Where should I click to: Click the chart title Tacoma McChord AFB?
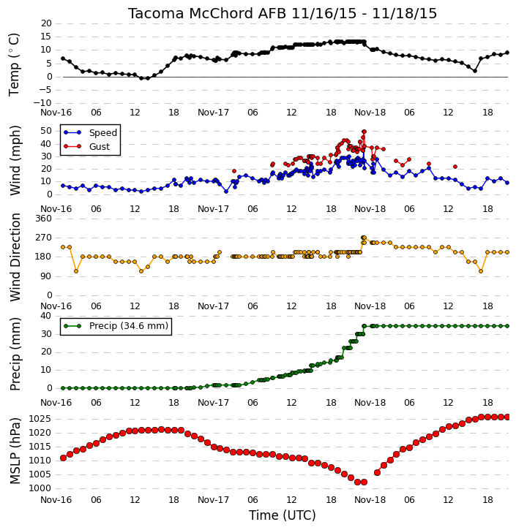click(207, 13)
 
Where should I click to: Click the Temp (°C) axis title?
click(14, 64)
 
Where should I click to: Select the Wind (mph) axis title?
click(15, 160)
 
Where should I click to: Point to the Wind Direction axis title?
click(15, 257)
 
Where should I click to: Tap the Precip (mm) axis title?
click(15, 354)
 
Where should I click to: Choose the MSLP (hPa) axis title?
click(15, 451)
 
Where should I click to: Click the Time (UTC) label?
click(283, 515)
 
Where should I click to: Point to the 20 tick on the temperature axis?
click(46, 23)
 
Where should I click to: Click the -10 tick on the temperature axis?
click(42, 103)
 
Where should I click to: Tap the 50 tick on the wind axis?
click(46, 131)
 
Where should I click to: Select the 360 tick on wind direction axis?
click(44, 219)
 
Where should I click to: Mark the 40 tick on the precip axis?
click(46, 316)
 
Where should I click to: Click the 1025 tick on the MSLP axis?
click(40, 419)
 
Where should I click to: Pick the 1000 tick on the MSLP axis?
click(40, 488)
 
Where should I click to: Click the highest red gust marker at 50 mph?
click(364, 132)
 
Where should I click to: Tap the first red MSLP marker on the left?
click(63, 458)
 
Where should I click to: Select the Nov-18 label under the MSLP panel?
click(370, 499)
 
